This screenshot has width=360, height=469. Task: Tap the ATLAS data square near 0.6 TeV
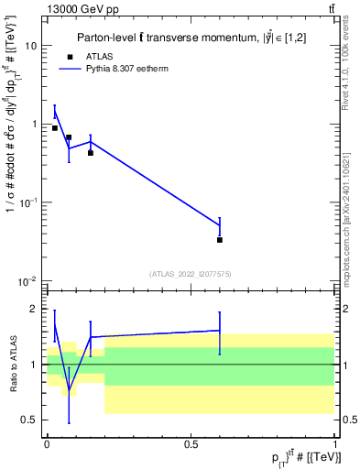coord(220,240)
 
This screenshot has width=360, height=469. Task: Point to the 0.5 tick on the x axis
coord(191,444)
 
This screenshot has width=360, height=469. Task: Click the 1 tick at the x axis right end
coord(335,444)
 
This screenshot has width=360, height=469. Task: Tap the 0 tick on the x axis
coord(47,444)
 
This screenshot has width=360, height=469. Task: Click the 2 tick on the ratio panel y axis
coord(35,309)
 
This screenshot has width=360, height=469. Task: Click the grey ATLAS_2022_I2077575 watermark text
coord(191,273)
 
